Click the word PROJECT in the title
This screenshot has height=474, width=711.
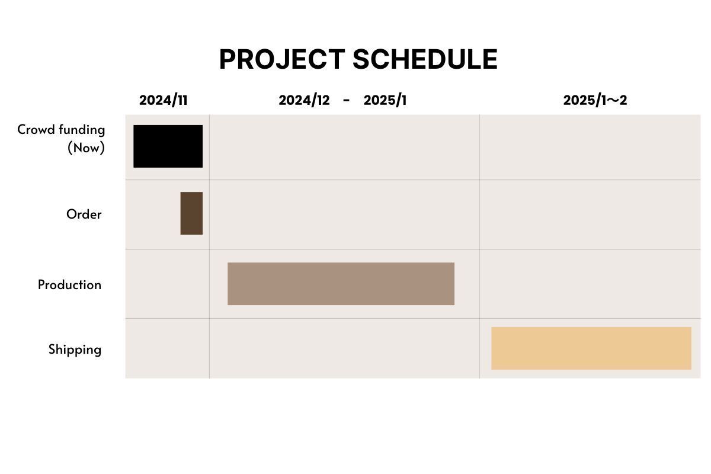[282, 59]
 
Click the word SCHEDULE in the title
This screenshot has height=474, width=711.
[425, 59]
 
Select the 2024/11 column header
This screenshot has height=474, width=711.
[163, 100]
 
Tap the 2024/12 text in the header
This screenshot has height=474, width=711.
[304, 100]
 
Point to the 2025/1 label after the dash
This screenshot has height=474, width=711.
[385, 100]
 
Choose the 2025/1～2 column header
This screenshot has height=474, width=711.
[595, 100]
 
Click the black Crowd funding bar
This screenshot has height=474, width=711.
[168, 146]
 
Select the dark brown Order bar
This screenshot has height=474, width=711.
[191, 213]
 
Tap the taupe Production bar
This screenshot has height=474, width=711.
[341, 284]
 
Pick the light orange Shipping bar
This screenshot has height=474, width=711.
[591, 348]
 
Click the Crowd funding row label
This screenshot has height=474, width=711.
[61, 130]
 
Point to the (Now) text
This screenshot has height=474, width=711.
[86, 148]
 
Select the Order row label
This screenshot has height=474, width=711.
[84, 214]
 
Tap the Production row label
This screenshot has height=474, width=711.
[69, 285]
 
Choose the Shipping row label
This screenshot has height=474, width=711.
[75, 350]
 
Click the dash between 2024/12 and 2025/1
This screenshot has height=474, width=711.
[346, 101]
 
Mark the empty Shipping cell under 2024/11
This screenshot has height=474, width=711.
[167, 348]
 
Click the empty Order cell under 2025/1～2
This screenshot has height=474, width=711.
[590, 214]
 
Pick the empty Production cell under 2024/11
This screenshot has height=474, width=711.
[167, 284]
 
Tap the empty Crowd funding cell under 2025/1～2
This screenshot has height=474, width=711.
[590, 148]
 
